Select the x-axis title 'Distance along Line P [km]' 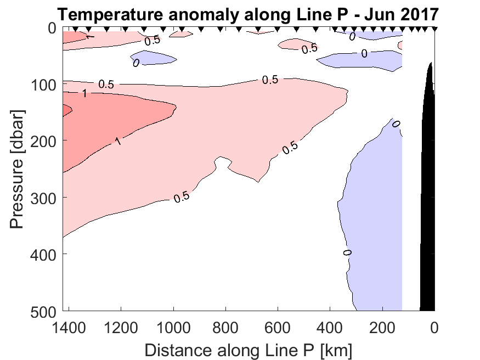248,350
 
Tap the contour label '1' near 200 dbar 117,142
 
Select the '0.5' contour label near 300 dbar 182,197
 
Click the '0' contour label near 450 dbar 347,252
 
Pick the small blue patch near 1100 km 154,58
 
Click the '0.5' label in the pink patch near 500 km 309,48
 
